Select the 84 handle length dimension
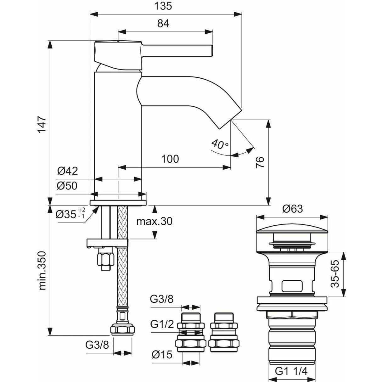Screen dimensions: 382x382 tap(163, 24)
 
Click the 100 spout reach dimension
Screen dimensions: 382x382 tap(170, 159)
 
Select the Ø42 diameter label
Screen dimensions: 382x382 tap(67, 171)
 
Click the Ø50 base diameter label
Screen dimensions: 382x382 tap(67, 186)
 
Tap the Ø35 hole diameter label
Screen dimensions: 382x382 tap(70, 214)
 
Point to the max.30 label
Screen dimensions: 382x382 tap(154, 221)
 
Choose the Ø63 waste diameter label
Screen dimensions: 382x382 tap(292, 209)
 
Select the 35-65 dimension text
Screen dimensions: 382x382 tap(335, 274)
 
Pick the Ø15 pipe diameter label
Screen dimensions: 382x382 tap(162, 355)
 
